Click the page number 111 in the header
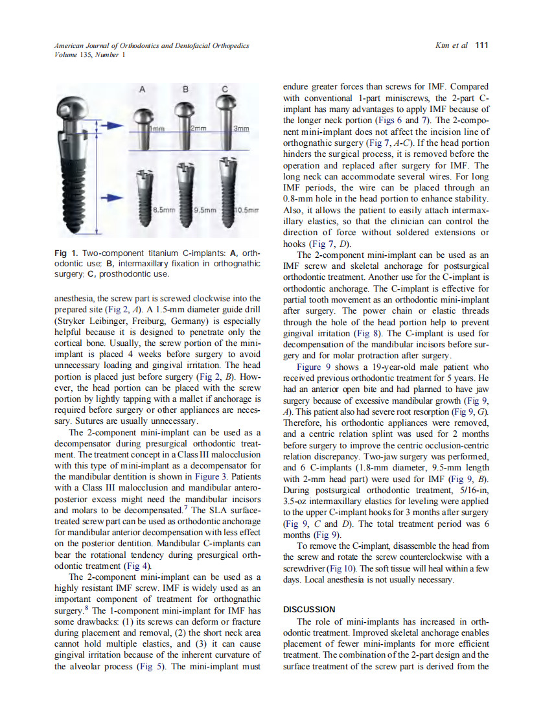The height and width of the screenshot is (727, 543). click(x=481, y=45)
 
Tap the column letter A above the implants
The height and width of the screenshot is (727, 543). click(x=142, y=89)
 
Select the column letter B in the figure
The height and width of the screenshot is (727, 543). click(x=185, y=89)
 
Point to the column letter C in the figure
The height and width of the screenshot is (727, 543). click(x=225, y=89)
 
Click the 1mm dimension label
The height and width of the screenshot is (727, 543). click(x=157, y=129)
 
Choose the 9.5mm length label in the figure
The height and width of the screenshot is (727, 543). click(x=204, y=209)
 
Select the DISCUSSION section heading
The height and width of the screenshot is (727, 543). click(x=309, y=610)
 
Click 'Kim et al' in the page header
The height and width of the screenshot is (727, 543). click(x=454, y=45)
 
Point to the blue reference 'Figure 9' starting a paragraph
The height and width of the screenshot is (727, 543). click(x=314, y=367)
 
